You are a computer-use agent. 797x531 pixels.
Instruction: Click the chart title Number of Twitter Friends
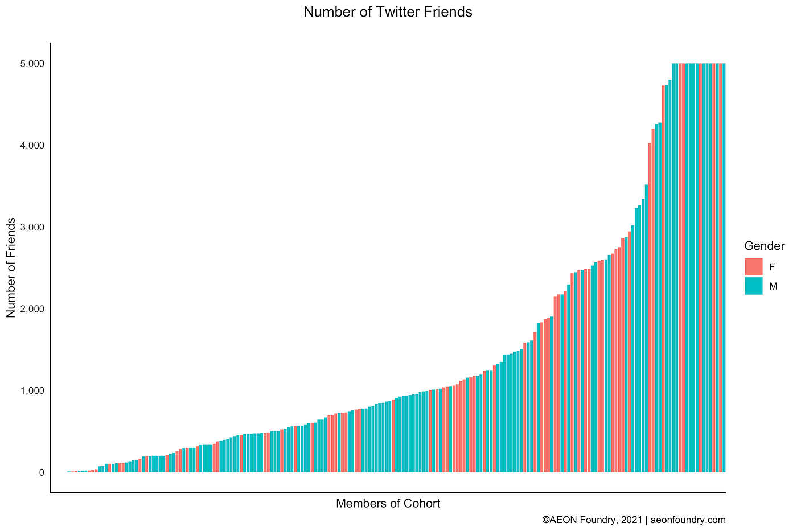[x=388, y=12]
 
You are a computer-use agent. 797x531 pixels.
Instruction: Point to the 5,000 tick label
[x=33, y=64]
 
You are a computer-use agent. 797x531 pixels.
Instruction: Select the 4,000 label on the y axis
[x=33, y=146]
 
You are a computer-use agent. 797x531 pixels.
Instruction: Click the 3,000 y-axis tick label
[x=33, y=228]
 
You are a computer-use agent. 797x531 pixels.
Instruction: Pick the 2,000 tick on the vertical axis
[x=33, y=309]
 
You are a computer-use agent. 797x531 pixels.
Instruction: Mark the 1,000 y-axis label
[x=33, y=391]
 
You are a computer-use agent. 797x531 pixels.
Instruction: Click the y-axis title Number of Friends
[x=11, y=267]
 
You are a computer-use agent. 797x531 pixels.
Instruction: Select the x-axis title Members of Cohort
[x=388, y=504]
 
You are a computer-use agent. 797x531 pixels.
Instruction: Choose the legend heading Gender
[x=765, y=246]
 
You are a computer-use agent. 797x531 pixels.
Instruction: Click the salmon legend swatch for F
[x=753, y=267]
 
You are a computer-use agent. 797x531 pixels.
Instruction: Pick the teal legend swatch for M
[x=753, y=286]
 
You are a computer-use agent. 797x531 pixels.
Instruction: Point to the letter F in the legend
[x=772, y=267]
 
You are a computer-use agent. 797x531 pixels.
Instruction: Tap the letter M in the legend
[x=773, y=287]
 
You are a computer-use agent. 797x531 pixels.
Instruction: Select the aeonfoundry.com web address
[x=688, y=520]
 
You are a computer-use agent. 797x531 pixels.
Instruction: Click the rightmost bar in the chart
[x=724, y=267]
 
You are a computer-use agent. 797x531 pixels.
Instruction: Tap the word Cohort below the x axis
[x=422, y=504]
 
